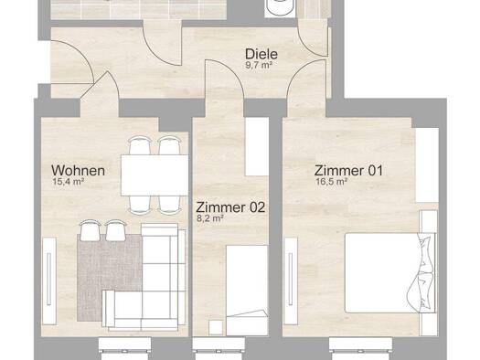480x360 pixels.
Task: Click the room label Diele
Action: point(261,54)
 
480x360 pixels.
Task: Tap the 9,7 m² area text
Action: point(259,65)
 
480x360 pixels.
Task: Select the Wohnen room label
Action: point(78,171)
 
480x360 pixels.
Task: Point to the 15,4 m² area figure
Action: point(69,182)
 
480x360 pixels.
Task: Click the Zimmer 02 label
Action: point(230,207)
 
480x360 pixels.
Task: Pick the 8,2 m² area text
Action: point(209,218)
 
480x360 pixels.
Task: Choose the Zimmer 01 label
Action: point(348,171)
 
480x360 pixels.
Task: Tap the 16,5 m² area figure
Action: point(332,182)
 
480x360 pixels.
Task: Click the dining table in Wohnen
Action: point(155,175)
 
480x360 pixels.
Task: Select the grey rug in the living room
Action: point(110,277)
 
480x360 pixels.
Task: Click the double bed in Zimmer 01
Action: point(390,273)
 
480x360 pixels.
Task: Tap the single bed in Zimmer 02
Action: point(247,290)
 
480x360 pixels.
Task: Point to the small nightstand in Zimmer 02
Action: point(216,327)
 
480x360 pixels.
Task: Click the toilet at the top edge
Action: point(280,8)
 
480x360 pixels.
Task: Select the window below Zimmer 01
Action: point(360,349)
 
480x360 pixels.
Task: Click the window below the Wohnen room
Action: point(125,349)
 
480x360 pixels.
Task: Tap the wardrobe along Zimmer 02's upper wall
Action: point(257,147)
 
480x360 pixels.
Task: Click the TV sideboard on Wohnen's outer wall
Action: point(49,281)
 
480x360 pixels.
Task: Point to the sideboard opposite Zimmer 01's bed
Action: point(291,281)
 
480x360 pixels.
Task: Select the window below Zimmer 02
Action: point(219,349)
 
